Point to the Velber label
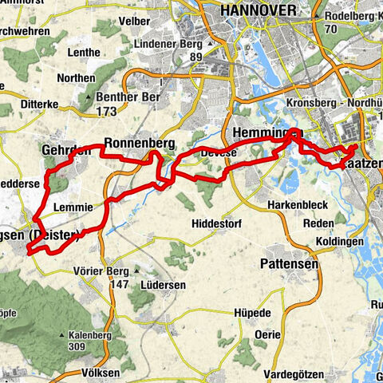(133, 22)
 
